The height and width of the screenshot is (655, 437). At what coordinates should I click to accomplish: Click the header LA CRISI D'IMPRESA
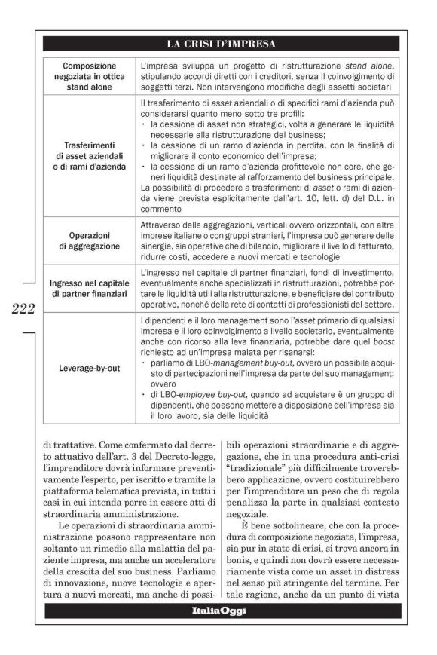click(x=220, y=44)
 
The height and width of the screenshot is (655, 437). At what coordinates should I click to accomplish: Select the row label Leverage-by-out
click(x=90, y=369)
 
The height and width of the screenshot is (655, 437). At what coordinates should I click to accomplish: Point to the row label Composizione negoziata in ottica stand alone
click(x=90, y=76)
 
